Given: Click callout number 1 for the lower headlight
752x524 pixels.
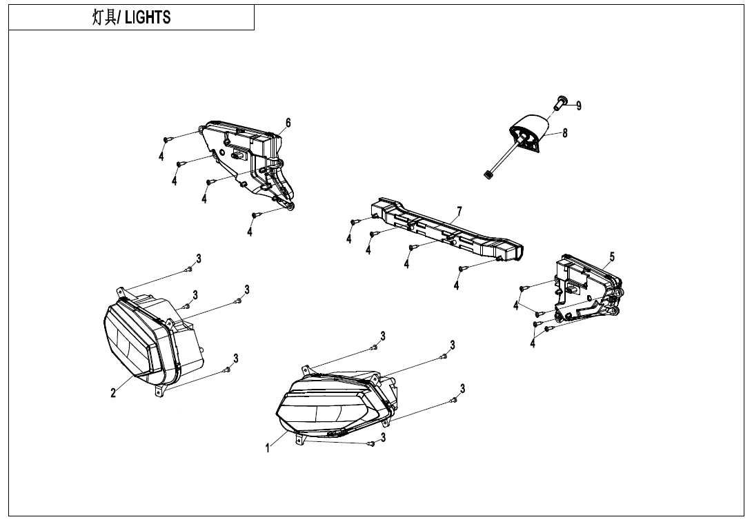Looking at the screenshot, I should pyautogui.click(x=268, y=448).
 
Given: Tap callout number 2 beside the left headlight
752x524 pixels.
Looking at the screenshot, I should pyautogui.click(x=113, y=393).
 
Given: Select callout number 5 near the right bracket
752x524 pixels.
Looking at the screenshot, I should pyautogui.click(x=611, y=257).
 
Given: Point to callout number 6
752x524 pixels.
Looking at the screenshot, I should pyautogui.click(x=288, y=123).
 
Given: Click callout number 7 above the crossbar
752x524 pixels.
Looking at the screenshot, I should pyautogui.click(x=459, y=210).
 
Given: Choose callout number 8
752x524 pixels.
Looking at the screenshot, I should pyautogui.click(x=565, y=133).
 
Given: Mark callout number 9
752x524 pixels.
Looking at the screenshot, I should pyautogui.click(x=579, y=105).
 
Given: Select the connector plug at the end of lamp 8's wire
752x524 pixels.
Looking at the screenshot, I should pyautogui.click(x=489, y=175).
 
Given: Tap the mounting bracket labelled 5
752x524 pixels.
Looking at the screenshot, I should pyautogui.click(x=586, y=290).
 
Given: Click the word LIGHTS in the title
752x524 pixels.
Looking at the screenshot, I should pyautogui.click(x=148, y=18).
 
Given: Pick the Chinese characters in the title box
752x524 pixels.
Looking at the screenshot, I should pyautogui.click(x=105, y=18).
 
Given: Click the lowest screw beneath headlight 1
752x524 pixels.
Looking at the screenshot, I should pyautogui.click(x=370, y=444).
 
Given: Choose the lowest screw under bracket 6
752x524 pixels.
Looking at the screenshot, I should pyautogui.click(x=255, y=216).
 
